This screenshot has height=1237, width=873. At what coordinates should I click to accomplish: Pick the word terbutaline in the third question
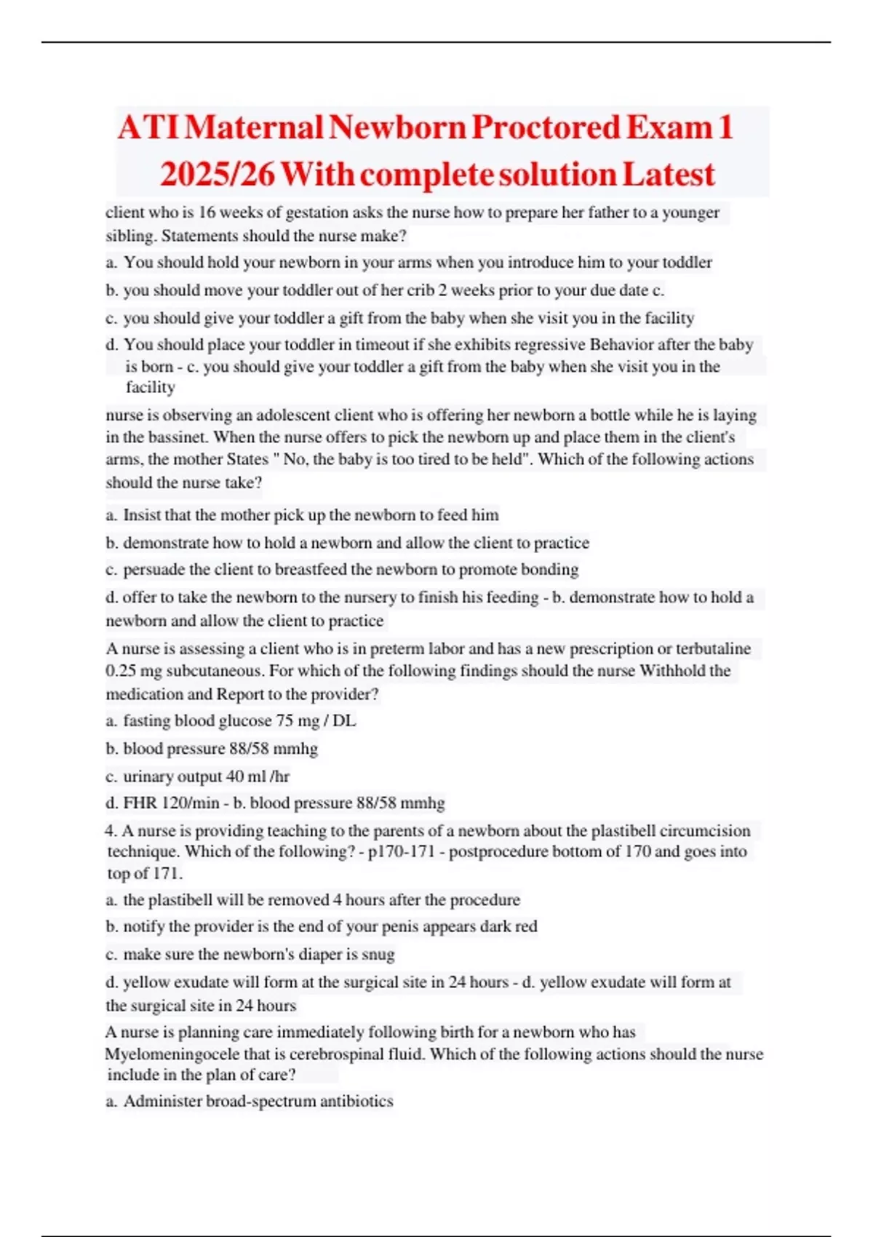point(713,648)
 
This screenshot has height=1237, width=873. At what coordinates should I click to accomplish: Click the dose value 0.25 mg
point(134,671)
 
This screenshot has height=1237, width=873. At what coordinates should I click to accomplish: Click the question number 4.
point(111,831)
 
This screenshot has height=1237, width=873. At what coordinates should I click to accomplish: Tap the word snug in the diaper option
point(378,954)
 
